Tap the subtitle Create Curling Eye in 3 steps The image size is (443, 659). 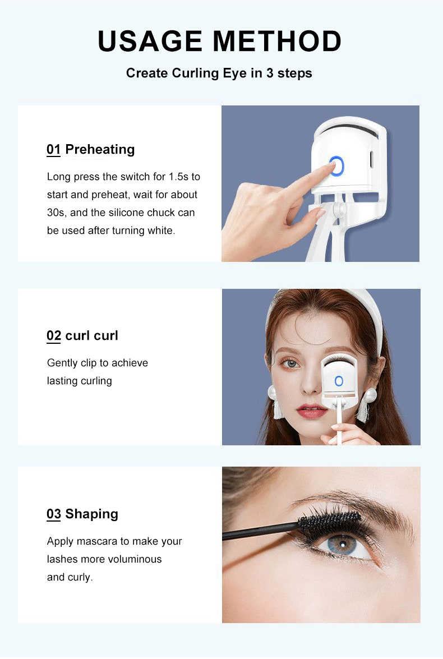pos(219,73)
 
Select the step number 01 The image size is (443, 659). pos(53,149)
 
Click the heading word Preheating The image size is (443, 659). pos(100,149)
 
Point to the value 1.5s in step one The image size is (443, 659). pos(178,177)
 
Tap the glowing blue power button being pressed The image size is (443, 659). pos(336,165)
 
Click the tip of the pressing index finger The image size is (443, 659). pos(329,167)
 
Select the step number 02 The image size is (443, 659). pos(53,335)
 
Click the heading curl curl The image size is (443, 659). pos(91,335)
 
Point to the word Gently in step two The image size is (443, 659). pos(62,363)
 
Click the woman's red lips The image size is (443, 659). pos(312,411)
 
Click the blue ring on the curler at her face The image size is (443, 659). pos(339,381)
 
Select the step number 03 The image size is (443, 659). pos(53,514)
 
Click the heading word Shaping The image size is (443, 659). pos(91,514)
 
